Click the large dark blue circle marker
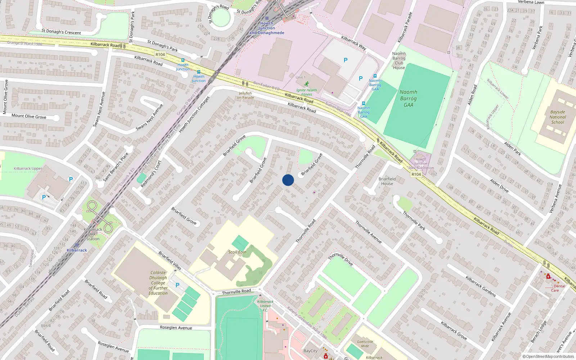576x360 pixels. tap(288, 180)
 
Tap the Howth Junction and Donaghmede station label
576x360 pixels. tap(267, 28)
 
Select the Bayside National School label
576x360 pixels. tap(558, 117)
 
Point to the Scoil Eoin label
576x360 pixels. tap(237, 252)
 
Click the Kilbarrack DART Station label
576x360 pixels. tap(93, 234)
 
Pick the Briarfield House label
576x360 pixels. tap(387, 181)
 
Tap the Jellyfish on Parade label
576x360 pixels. tap(246, 95)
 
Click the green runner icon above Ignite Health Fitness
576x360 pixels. tap(306, 84)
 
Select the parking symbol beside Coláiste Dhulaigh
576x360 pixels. tap(177, 285)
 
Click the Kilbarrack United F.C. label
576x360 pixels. tap(265, 306)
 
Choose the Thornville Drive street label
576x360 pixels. tap(340, 259)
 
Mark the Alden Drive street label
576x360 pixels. tap(499, 185)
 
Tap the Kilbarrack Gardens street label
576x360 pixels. tap(481, 286)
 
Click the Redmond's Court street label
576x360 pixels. tap(150, 174)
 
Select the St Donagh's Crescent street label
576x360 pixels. tap(61, 32)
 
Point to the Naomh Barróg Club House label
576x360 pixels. tap(399, 60)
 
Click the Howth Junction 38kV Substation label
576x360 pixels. tap(420, 163)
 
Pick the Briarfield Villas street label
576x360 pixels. tap(170, 260)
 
